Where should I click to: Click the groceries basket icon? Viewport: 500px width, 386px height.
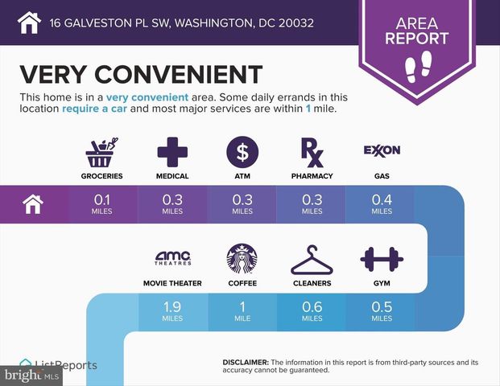point(105,150)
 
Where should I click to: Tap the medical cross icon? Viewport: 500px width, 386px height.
point(173,150)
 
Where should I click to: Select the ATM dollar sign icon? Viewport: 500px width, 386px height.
point(242,150)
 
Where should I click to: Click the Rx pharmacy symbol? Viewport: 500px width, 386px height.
point(311,150)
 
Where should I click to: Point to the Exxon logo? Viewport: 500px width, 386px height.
point(382,150)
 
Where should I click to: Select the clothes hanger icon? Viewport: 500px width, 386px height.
point(311,259)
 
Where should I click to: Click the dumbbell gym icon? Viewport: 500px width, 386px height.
point(382,259)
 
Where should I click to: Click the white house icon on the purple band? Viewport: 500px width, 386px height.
point(32,204)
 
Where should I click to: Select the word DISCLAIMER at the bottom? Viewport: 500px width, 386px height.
point(246,363)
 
